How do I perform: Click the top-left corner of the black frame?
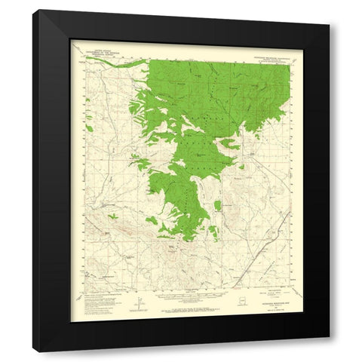coord(34,11)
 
